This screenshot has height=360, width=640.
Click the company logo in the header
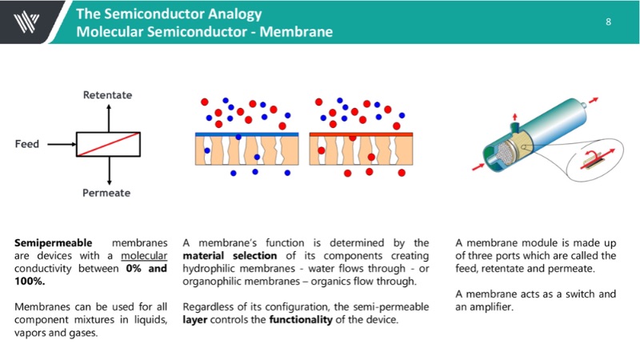click(x=25, y=21)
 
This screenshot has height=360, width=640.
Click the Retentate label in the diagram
click(x=108, y=95)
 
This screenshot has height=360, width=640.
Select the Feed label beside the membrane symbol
click(x=28, y=145)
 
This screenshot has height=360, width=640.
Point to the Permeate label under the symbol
click(x=106, y=193)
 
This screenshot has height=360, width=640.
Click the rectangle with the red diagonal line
click(x=109, y=145)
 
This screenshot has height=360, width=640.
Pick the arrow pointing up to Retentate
click(x=109, y=117)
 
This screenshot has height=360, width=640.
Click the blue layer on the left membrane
click(x=246, y=134)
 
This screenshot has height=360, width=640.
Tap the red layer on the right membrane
click(x=360, y=134)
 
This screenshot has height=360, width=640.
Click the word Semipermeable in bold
click(x=54, y=242)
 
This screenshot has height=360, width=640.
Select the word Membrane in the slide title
click(x=301, y=32)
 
